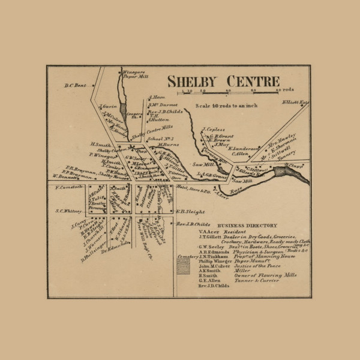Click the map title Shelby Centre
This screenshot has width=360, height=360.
coord(223,81)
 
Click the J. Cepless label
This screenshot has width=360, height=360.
coord(213,129)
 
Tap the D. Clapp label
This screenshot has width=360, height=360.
coord(292,165)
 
